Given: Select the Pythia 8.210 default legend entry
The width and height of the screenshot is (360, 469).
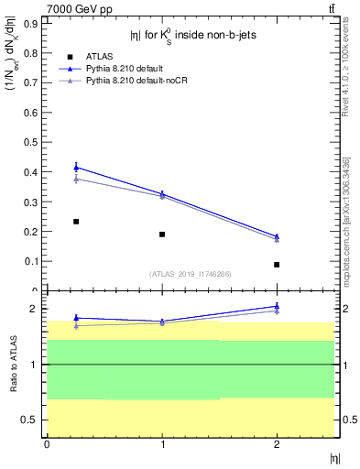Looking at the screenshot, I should pos(124,69).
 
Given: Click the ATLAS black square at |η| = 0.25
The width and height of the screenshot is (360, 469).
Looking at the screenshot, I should pos(76,222).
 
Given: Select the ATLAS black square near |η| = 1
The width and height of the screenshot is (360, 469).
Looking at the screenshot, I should pos(162,234).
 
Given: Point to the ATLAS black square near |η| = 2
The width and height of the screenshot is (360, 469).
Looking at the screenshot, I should pos(277,265).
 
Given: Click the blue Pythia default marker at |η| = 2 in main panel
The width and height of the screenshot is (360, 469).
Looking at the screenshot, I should pos(277,236).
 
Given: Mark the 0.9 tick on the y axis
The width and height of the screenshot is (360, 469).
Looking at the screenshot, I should pos(35,25).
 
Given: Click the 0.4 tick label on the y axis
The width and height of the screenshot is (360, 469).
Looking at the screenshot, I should pos(35,172).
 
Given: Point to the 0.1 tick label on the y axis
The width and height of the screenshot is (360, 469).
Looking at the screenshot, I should pos(35,261).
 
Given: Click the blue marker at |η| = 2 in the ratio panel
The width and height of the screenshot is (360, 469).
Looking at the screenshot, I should pos(277,307).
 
